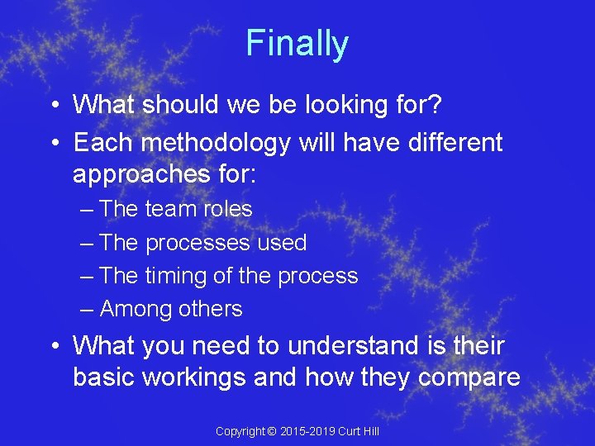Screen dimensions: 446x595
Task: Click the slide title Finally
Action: [x=297, y=43]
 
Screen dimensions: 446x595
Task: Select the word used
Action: [x=282, y=243]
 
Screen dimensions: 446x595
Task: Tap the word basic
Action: [x=104, y=377]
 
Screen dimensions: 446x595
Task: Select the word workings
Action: [x=198, y=378]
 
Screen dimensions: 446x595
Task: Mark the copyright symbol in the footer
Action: [x=273, y=431]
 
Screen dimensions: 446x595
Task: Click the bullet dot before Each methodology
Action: [x=52, y=143]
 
